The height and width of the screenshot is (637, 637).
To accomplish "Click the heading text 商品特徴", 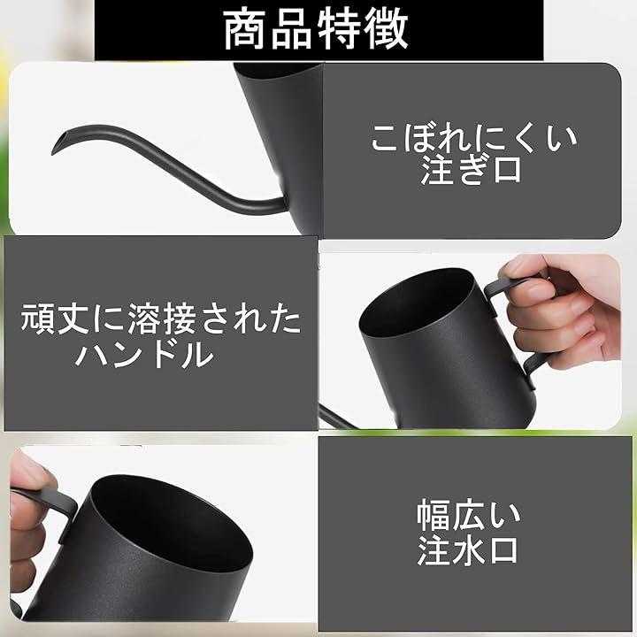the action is click(316, 30).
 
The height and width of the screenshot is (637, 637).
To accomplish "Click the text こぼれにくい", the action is click(474, 139).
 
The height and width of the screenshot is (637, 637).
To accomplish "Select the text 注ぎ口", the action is click(471, 170).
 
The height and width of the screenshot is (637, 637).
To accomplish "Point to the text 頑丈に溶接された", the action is click(161, 318).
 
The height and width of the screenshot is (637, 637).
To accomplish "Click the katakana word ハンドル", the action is click(144, 354).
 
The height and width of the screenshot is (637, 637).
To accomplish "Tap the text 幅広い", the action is click(468, 515).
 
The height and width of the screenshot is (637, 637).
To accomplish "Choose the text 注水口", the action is click(467, 549).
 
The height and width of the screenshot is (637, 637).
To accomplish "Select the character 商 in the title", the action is click(244, 30).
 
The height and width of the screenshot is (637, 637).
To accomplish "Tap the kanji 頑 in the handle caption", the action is click(37, 318).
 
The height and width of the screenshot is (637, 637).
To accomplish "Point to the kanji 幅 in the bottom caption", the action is click(433, 515).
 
